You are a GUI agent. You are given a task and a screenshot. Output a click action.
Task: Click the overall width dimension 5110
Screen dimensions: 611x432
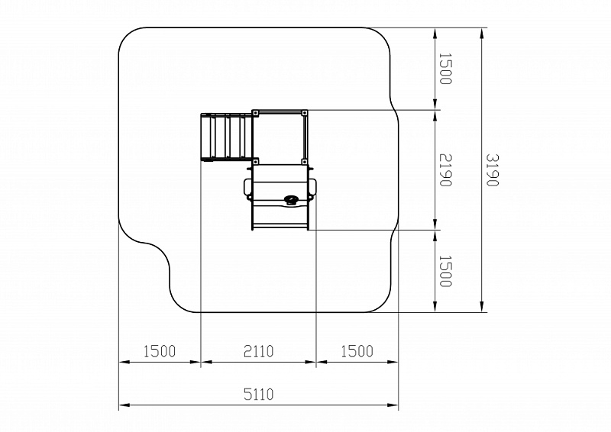[259, 394]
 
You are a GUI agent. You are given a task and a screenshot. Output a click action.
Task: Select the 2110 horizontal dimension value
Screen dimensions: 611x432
[259, 351]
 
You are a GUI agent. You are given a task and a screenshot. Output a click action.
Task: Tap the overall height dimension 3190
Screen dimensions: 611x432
[492, 170]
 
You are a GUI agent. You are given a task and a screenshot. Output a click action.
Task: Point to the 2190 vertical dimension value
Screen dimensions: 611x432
[445, 170]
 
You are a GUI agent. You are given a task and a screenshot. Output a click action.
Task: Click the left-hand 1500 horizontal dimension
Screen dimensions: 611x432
[160, 351]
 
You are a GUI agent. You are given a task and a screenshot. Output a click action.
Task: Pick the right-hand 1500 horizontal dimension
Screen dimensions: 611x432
[357, 351]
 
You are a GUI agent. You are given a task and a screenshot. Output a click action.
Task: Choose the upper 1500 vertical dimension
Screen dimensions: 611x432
[445, 69]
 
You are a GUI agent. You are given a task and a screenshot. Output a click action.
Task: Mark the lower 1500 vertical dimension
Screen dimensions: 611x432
[445, 271]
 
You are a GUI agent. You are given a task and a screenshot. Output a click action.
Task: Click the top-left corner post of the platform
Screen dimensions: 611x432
[255, 113]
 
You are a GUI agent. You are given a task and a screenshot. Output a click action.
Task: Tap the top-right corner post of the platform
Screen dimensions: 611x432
[304, 113]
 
